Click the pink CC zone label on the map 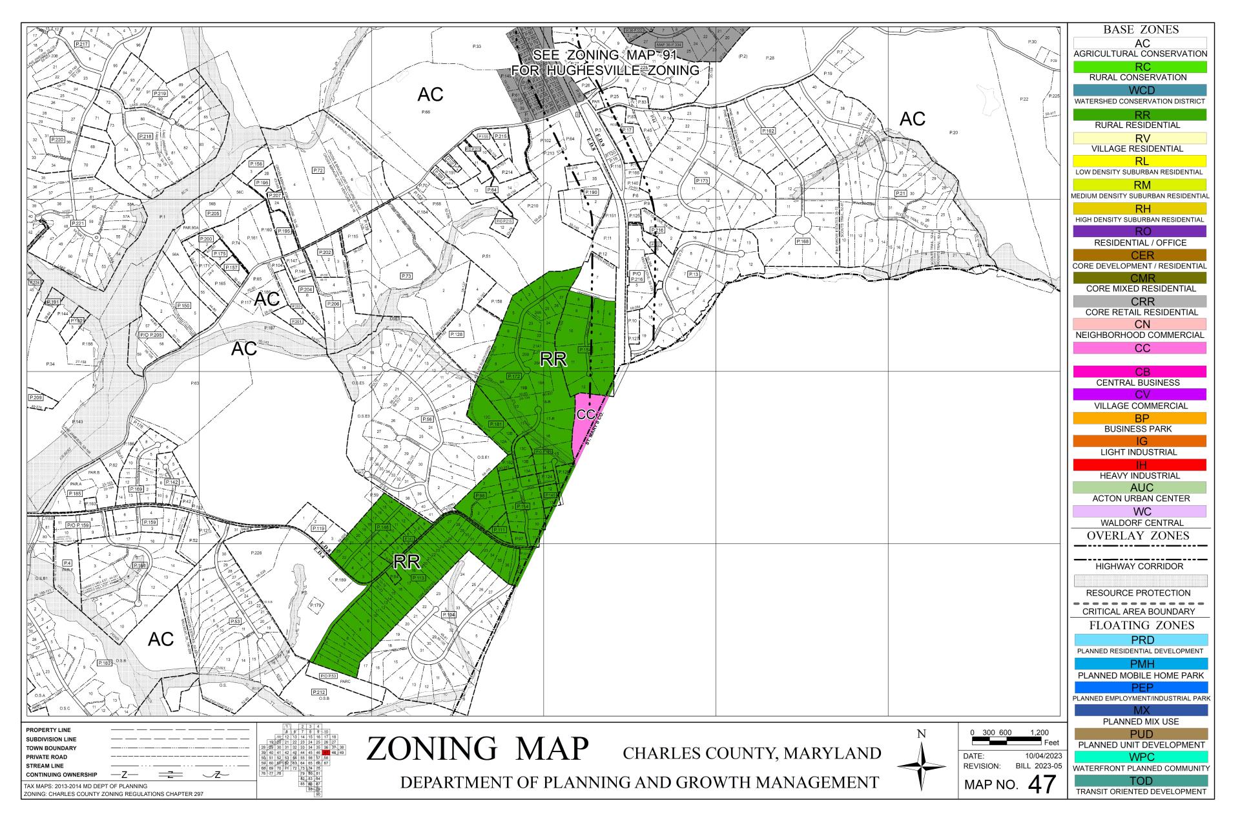pyautogui.click(x=585, y=414)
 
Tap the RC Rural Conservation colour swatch pyautogui.click(x=1141, y=67)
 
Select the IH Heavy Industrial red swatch pyautogui.click(x=1141, y=465)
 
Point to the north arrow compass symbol pyautogui.click(x=921, y=766)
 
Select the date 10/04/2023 pyautogui.click(x=1043, y=755)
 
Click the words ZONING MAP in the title pyautogui.click(x=478, y=749)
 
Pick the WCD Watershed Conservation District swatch pyautogui.click(x=1141, y=90)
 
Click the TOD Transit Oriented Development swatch pyautogui.click(x=1141, y=780)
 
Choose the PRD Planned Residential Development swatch pyautogui.click(x=1141, y=640)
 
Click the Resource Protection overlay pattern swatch pyautogui.click(x=1141, y=581)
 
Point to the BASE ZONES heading pyautogui.click(x=1141, y=30)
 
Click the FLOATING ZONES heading pyautogui.click(x=1141, y=625)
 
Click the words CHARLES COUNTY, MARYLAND pyautogui.click(x=752, y=753)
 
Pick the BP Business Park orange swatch pyautogui.click(x=1141, y=419)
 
